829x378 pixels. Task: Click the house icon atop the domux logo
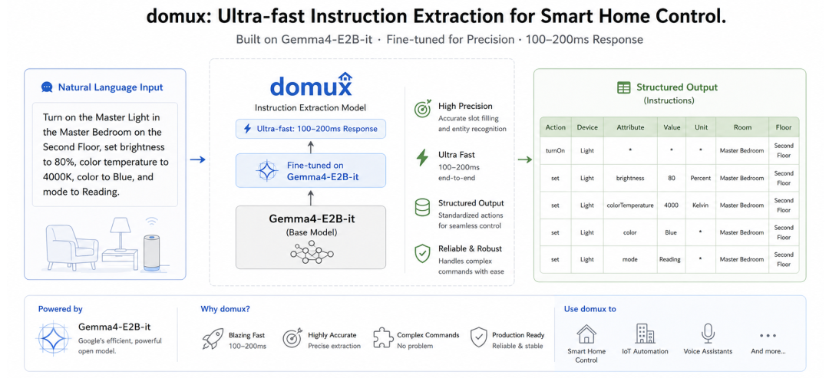345,77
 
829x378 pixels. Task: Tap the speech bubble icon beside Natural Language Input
47,87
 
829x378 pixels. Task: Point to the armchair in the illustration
72,248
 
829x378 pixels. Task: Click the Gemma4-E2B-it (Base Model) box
311,237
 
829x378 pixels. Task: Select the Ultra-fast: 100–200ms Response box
311,129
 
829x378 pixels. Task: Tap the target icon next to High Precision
422,110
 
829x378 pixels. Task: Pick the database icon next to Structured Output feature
422,207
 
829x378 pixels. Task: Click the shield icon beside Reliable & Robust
422,254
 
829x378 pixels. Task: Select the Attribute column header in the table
630,127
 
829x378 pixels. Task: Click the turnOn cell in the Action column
555,150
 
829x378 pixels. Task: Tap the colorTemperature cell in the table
630,205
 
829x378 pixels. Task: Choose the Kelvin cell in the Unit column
701,205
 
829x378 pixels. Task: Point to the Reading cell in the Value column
671,259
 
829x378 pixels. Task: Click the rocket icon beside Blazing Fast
213,338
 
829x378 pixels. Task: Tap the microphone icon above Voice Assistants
708,334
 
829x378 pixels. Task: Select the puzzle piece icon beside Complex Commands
383,338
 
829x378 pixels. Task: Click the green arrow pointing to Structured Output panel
524,159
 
